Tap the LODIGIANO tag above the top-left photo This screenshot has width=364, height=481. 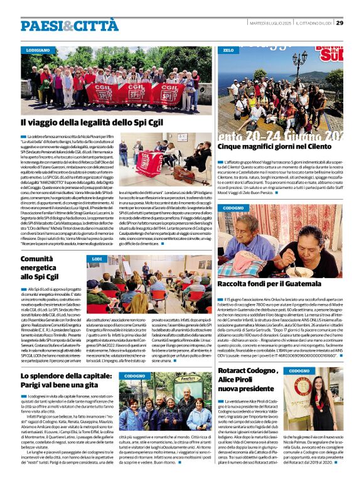pos(38,49)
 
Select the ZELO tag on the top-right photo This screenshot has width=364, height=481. pos(228,49)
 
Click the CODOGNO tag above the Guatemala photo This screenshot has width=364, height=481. pos(233,207)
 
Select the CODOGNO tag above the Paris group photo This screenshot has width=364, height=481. pos(135,358)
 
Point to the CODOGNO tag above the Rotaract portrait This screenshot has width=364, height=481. pos(299,371)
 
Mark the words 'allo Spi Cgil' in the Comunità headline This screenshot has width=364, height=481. pos(39,276)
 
